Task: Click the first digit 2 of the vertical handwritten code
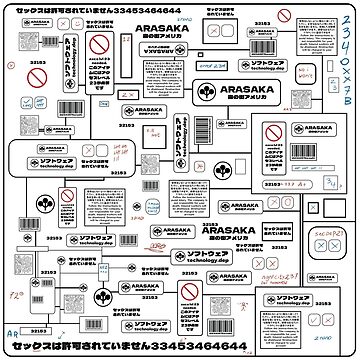click(346, 21)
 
